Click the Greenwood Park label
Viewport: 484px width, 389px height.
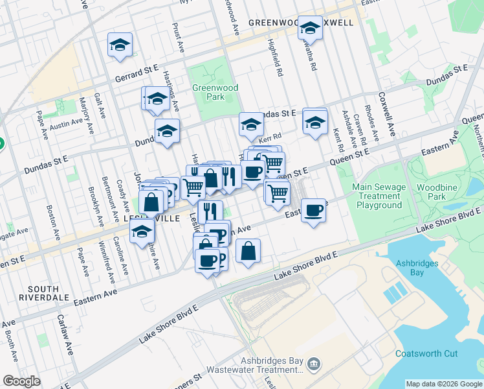click(x=207, y=92)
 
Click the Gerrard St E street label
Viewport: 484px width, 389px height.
click(x=137, y=73)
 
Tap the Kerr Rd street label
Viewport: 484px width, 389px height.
click(x=270, y=137)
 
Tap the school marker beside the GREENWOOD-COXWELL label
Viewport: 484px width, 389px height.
click(x=310, y=28)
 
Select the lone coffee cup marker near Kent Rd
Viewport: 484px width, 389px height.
click(x=314, y=210)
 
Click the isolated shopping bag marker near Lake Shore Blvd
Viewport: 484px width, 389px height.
click(x=248, y=250)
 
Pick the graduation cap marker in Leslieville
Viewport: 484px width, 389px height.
click(x=142, y=231)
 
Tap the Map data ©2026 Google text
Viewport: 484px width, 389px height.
click(x=443, y=384)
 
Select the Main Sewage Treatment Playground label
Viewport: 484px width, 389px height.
click(x=377, y=196)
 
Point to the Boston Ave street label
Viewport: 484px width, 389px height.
click(x=50, y=220)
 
